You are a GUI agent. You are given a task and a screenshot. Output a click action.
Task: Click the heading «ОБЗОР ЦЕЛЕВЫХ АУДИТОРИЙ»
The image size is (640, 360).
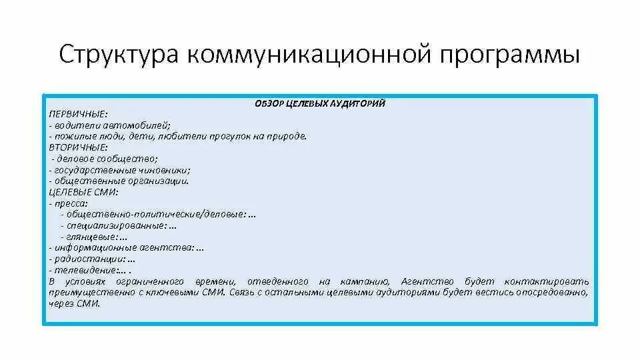click(320, 103)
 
